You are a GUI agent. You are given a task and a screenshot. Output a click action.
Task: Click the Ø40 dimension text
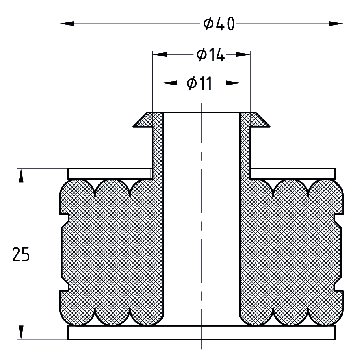[219, 24]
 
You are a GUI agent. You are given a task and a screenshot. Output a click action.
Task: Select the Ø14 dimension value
[210, 55]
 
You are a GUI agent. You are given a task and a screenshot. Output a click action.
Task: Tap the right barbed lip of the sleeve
[260, 119]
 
